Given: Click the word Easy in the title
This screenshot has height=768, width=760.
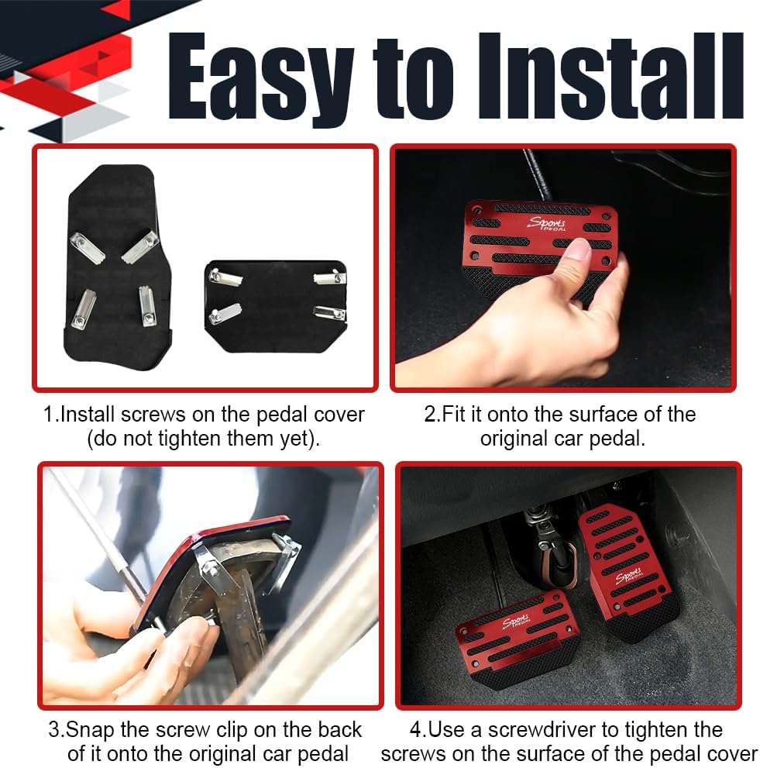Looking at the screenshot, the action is click(x=260, y=78).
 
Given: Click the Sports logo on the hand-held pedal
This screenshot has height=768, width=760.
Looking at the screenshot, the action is click(x=546, y=223).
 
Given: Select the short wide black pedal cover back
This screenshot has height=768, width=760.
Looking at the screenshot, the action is click(x=276, y=305).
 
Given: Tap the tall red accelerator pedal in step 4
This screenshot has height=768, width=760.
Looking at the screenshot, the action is click(x=628, y=570).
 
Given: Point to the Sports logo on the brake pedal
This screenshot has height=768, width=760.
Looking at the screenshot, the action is click(x=516, y=622).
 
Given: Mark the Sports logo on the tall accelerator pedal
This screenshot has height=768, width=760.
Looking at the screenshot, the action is click(x=629, y=575).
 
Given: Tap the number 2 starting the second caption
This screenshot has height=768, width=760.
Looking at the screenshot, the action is click(x=429, y=415).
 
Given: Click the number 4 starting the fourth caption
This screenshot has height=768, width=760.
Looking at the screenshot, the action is click(x=416, y=730).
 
